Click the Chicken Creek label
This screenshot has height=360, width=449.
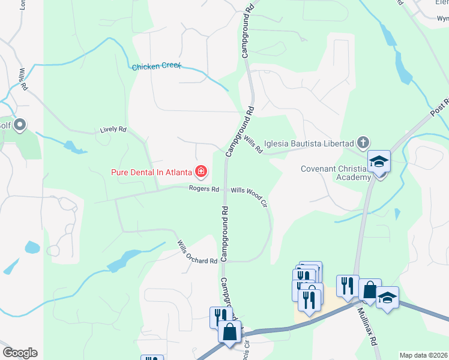click(157, 67)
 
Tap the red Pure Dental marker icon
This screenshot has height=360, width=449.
click(200, 173)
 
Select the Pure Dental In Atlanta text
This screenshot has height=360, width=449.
click(151, 173)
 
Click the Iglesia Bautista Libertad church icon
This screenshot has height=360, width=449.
click(363, 143)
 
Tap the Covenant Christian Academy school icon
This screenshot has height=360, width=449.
click(379, 161)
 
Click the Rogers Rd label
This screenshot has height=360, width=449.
click(204, 189)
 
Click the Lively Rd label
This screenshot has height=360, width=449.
click(113, 129)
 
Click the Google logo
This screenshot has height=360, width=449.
click(19, 353)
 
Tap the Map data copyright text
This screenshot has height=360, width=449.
click(424, 355)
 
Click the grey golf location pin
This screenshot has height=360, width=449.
click(20, 125)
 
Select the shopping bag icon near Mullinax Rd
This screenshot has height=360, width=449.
click(370, 290)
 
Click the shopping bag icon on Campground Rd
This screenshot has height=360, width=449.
click(230, 331)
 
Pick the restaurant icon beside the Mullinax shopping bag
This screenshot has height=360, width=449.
click(348, 286)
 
